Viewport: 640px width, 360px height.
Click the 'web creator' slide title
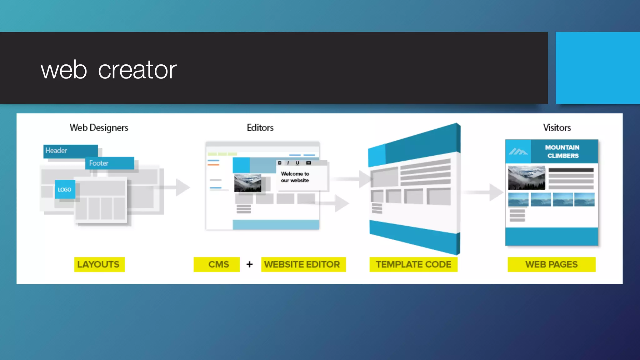(x=108, y=70)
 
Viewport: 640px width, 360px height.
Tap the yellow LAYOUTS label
(x=99, y=264)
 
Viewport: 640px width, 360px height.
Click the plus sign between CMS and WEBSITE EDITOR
(x=249, y=264)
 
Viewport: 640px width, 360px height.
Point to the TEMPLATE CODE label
(x=413, y=264)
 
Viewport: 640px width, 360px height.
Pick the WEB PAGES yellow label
(x=551, y=264)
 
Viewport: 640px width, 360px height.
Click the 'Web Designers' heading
(x=99, y=127)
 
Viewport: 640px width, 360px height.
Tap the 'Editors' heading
(x=260, y=127)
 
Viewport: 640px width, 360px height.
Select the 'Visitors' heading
(x=557, y=127)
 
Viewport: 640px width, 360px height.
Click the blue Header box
(x=70, y=151)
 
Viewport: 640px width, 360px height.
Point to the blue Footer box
(x=109, y=163)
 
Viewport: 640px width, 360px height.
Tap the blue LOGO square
(x=65, y=189)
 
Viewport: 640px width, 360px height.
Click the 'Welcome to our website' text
(x=295, y=177)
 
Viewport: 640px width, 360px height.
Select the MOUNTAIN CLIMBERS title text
(x=562, y=152)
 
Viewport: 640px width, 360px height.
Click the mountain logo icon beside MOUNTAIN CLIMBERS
(x=518, y=152)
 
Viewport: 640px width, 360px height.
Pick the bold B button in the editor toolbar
(x=280, y=163)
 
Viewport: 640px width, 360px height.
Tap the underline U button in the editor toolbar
(x=297, y=163)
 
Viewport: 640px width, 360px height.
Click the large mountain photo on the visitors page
(x=527, y=177)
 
